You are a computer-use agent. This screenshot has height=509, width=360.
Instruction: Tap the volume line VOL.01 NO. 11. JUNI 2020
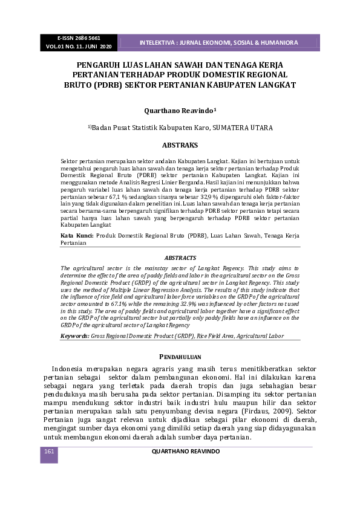pos(79,47)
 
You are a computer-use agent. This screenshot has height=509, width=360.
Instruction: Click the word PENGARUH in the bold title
pos(99,64)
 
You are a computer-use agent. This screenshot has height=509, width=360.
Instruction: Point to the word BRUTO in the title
pos(79,85)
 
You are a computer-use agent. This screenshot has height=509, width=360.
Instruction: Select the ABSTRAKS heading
pos(180,145)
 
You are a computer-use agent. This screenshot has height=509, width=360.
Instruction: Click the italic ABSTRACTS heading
pos(180,258)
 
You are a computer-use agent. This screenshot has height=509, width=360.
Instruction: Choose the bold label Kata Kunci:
pos(77,235)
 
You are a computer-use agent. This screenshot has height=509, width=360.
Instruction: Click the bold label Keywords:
pos(75,335)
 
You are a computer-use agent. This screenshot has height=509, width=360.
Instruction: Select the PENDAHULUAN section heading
pos(180,357)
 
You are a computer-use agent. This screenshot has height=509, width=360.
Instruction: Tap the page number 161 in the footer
pos(49,452)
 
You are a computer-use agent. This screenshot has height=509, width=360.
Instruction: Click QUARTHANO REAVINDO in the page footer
pos(186,452)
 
